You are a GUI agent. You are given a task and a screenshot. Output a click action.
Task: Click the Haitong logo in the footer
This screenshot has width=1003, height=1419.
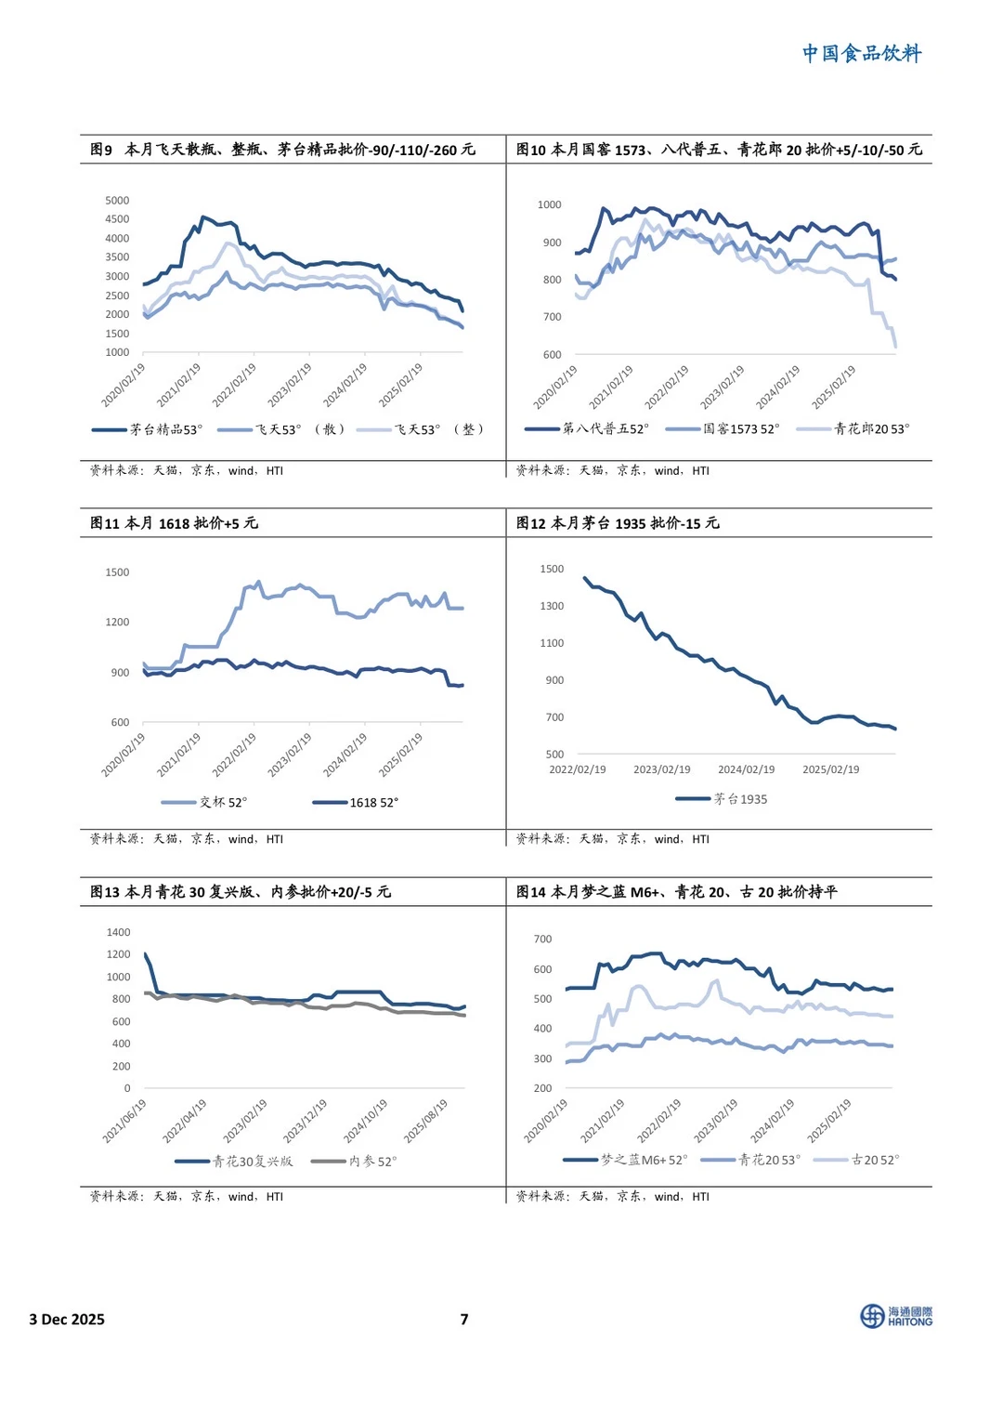[x=895, y=1316]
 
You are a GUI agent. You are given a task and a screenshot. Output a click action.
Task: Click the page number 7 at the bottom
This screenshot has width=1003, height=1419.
[x=464, y=1319]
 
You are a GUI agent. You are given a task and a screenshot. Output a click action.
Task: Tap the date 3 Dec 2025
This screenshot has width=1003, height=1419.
[x=67, y=1319]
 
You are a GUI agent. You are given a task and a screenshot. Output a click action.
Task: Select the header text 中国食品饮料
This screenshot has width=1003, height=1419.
[x=862, y=54]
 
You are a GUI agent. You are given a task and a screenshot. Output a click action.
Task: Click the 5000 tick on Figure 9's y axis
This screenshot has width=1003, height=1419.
[x=117, y=201]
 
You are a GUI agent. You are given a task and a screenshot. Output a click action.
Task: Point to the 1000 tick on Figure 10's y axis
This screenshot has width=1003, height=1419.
[x=549, y=204]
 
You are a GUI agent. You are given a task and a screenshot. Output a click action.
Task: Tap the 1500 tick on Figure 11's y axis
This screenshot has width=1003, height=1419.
[x=117, y=572]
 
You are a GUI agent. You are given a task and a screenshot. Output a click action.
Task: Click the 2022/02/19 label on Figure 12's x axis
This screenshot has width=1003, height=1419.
[x=577, y=769]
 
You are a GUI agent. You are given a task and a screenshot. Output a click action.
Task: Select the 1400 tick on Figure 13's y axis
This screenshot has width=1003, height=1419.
[x=118, y=932]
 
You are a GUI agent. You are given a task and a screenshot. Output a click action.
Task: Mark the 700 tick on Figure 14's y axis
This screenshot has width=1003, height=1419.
[x=542, y=939]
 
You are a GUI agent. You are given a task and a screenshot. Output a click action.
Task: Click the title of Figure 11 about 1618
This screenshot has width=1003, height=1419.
[x=174, y=523]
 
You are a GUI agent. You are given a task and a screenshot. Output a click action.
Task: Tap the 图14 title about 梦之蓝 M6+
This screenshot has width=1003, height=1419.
[x=676, y=892]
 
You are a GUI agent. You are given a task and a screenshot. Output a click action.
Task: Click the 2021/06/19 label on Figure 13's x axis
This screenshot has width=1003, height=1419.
[x=124, y=1122]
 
